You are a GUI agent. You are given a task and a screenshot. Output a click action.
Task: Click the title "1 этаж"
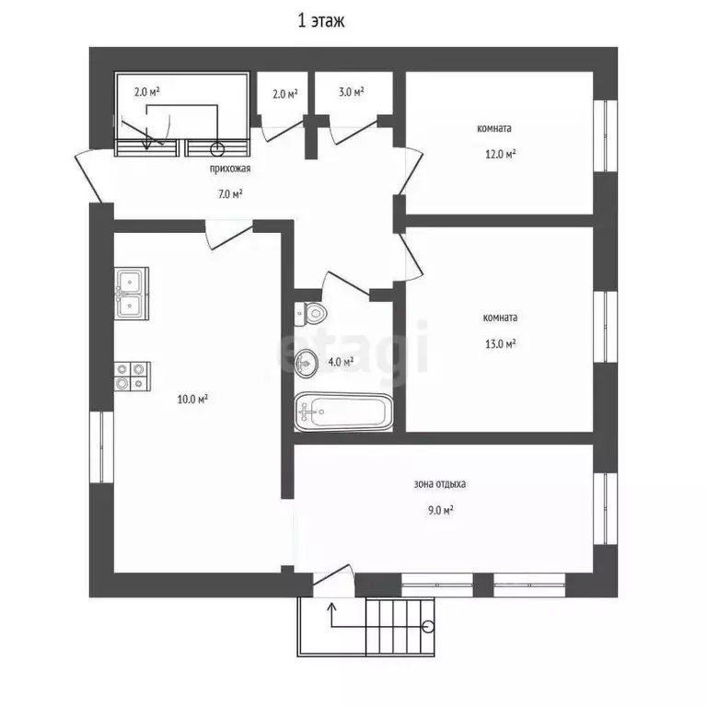[321, 21]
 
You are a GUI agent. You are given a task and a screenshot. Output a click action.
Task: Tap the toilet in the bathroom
[310, 313]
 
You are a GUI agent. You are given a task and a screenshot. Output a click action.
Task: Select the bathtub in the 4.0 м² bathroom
[343, 411]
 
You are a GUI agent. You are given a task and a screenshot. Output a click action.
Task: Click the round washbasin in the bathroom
[307, 363]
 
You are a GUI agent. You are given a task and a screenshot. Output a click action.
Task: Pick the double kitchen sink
[132, 294]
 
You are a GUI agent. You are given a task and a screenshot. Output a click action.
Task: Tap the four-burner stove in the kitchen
[133, 376]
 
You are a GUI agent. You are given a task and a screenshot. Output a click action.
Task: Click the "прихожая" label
[230, 168]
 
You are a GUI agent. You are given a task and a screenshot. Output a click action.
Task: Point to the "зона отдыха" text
[440, 484]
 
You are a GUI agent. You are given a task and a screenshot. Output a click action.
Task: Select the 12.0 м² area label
[501, 155]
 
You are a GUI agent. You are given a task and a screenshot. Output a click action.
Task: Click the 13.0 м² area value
[501, 344]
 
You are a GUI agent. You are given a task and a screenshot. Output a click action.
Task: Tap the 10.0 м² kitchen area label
[192, 399]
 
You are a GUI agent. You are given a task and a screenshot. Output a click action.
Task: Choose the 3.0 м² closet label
[352, 92]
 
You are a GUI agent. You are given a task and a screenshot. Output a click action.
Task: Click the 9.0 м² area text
[441, 510]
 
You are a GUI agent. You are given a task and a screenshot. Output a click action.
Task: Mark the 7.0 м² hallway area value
[230, 194]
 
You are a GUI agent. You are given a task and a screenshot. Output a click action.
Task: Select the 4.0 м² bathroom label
[341, 362]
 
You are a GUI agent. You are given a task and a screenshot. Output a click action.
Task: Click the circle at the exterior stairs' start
[428, 626]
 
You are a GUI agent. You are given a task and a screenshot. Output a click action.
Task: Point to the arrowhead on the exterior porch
[331, 607]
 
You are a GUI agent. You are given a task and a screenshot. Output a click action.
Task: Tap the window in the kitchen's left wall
[101, 446]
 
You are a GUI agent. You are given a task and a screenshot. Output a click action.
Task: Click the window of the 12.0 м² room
[605, 135]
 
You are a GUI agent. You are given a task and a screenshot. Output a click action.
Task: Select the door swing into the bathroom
[346, 284]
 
